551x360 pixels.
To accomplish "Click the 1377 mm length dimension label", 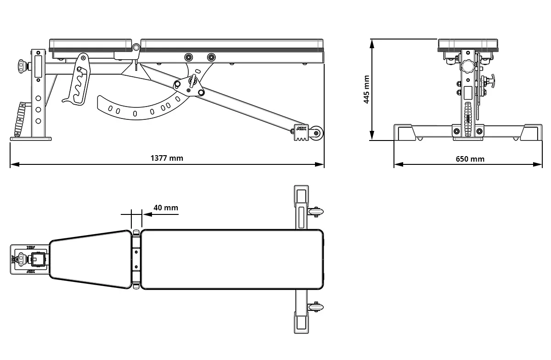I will pos(167,158).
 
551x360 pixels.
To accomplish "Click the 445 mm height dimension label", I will pos(366,90).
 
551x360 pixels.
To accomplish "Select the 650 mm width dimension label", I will pos(470,159).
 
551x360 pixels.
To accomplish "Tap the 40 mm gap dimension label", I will pos(165,208).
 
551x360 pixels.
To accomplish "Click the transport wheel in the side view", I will pos(316,133).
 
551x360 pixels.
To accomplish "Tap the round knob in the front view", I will pos(467,66).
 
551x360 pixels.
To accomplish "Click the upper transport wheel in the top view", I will pos(315,212).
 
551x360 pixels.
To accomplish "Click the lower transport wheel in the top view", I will pos(315,307).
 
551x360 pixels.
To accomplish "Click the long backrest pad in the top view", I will pos(232,259).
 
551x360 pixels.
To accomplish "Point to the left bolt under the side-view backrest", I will pos(189,57).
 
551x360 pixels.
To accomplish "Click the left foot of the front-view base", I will pos(405,133).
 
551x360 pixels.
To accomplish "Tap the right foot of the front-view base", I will pos(531,133).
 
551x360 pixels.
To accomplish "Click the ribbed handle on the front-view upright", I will pos(467,119).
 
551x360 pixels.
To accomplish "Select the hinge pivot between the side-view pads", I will pos(136,47).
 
